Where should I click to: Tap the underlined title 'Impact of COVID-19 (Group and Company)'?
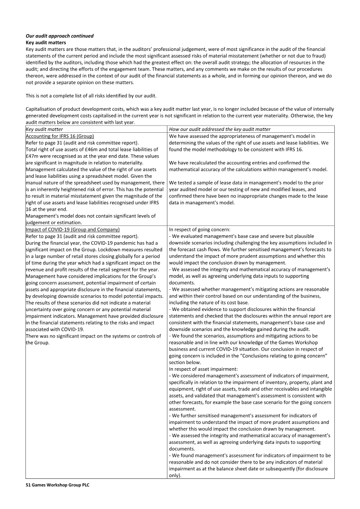(x=73, y=229)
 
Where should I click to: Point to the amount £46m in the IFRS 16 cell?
(x=106, y=149)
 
